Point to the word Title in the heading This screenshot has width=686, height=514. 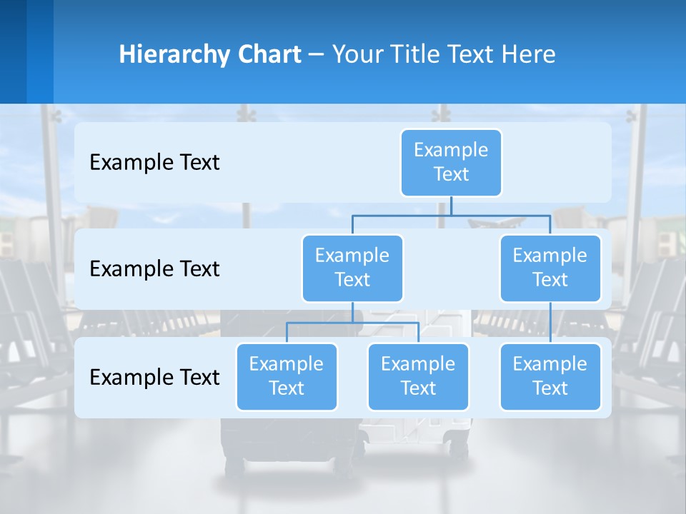419,55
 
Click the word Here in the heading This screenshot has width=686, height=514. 530,55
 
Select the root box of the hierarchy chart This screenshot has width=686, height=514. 451,162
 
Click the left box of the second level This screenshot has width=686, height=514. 352,268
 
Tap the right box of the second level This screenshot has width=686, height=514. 550,268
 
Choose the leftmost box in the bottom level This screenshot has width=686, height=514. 287,376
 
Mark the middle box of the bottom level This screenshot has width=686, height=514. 418,376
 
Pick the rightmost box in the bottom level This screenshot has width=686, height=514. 550,376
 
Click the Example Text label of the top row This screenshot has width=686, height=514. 154,163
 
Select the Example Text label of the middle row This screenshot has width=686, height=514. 154,269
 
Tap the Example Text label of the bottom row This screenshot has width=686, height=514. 154,378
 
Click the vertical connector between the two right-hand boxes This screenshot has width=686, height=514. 550,323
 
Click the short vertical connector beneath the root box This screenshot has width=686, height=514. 451,206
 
